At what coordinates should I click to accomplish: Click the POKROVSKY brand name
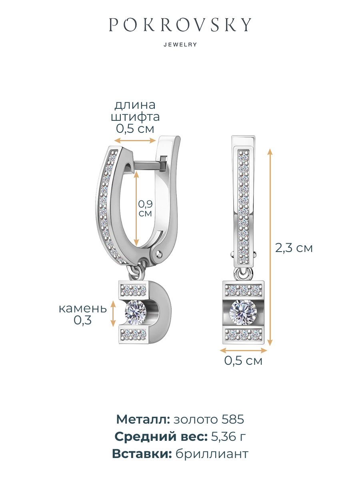pyautogui.click(x=180, y=24)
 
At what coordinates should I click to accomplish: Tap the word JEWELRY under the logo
pyautogui.click(x=180, y=45)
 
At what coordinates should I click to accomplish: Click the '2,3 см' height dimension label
pyautogui.click(x=294, y=248)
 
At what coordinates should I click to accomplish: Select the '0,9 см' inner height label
pyautogui.click(x=145, y=208)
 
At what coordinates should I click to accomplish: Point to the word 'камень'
pyautogui.click(x=83, y=308)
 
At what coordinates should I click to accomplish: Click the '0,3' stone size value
pyautogui.click(x=82, y=320)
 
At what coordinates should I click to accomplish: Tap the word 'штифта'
pyautogui.click(x=135, y=117)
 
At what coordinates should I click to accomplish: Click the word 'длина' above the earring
pyautogui.click(x=135, y=105)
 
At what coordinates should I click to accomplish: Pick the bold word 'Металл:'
pyautogui.click(x=143, y=420)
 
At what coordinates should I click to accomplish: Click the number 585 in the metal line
pyautogui.click(x=233, y=420)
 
